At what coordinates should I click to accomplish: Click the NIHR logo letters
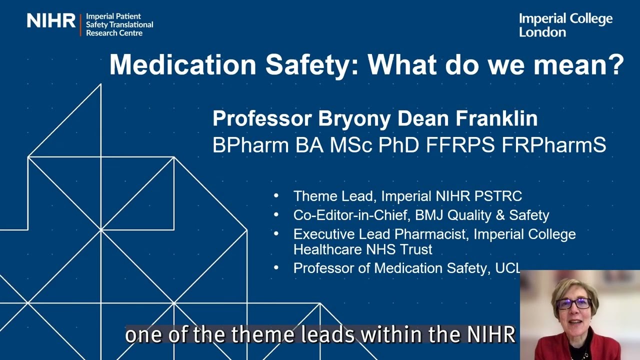[51, 21]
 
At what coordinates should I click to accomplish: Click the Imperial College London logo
[565, 25]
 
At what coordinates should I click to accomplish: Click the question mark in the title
[616, 65]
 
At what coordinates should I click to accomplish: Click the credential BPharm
[250, 145]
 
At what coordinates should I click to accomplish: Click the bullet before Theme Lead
[276, 196]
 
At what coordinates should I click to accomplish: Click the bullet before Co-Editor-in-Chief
[276, 215]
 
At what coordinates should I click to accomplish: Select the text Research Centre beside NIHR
[114, 33]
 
